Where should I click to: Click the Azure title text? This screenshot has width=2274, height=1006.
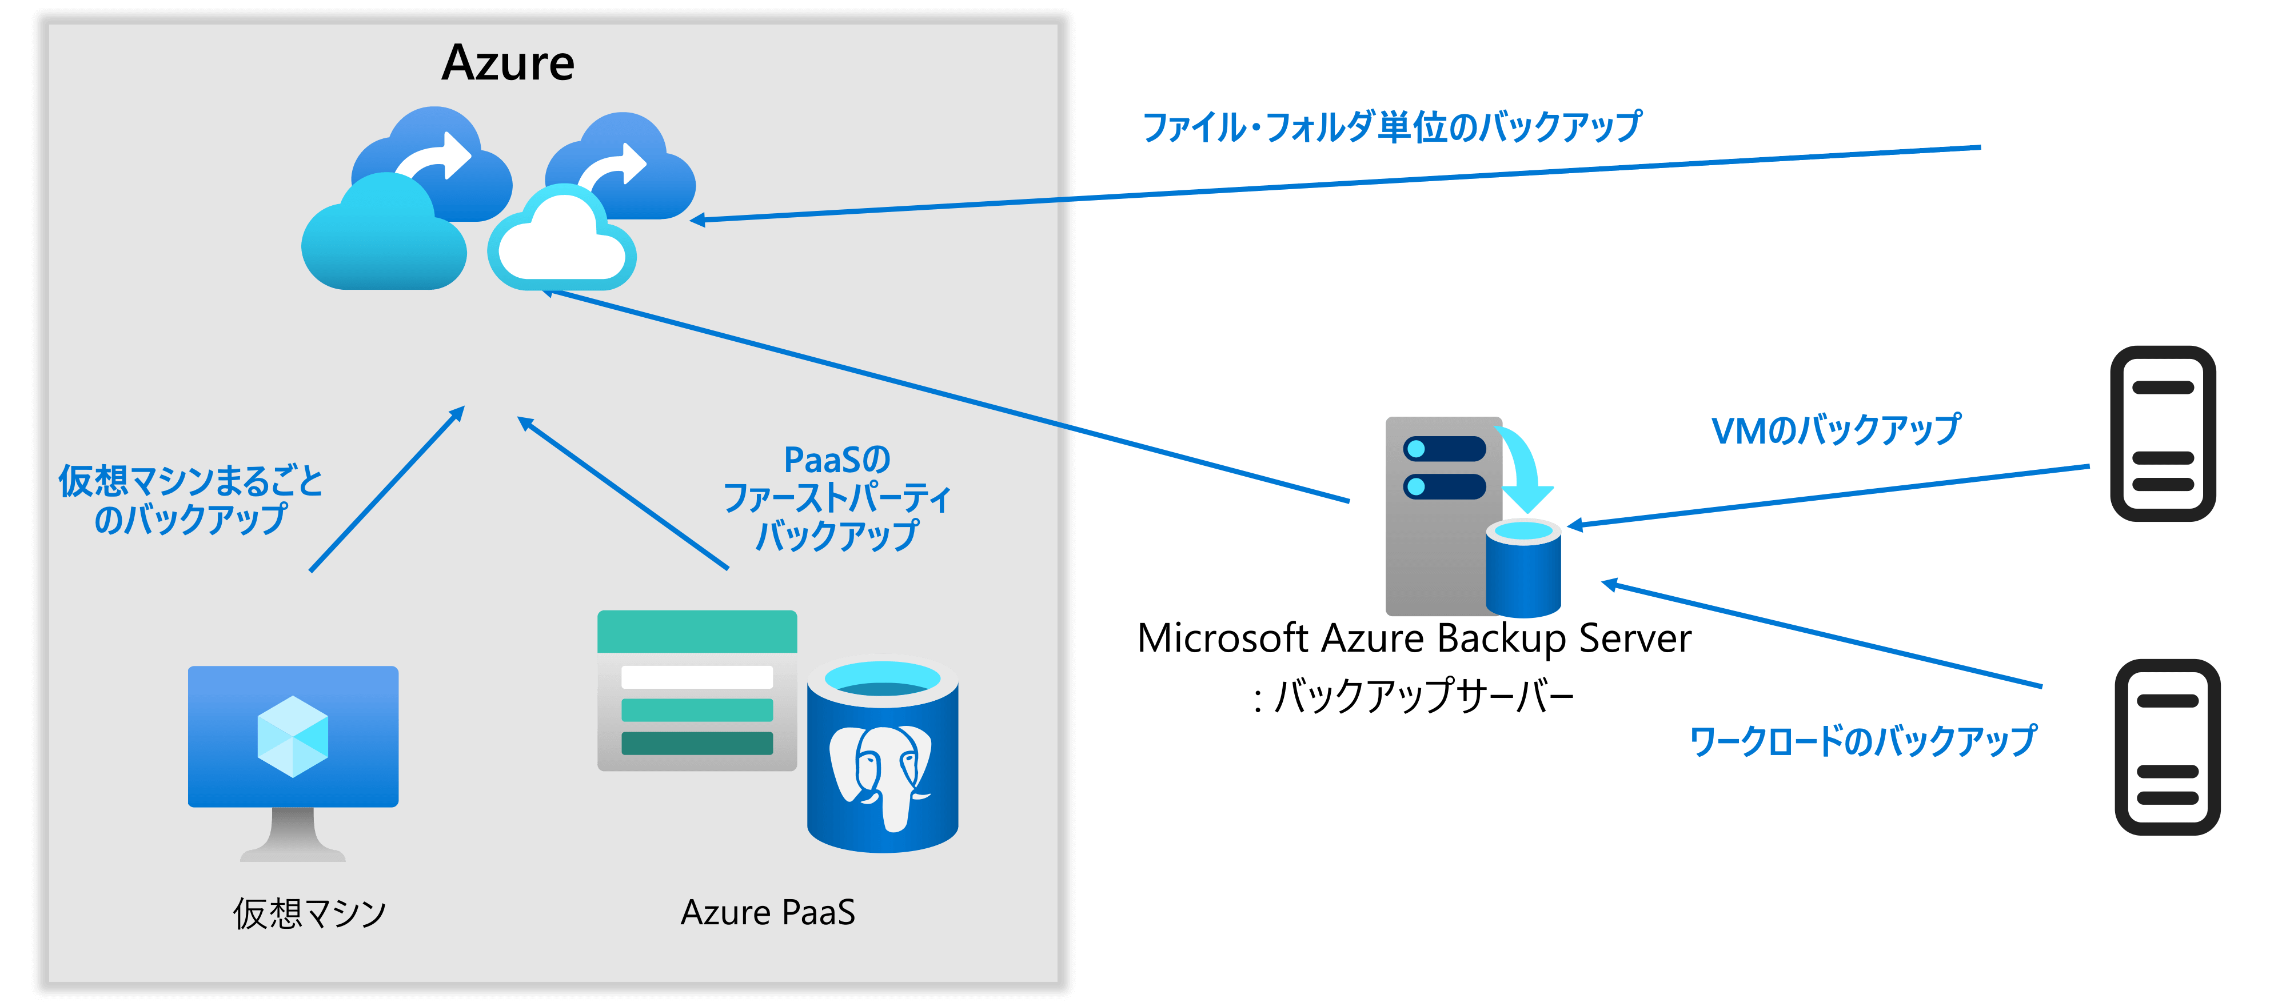tap(508, 63)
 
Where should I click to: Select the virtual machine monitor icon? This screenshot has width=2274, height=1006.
tap(293, 759)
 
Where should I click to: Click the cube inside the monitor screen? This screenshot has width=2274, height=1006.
tap(293, 737)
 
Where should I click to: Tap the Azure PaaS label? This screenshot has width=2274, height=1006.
tap(767, 912)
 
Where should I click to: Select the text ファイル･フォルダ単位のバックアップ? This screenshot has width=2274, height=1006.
tap(1392, 127)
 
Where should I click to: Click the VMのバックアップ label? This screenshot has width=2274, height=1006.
tap(1836, 430)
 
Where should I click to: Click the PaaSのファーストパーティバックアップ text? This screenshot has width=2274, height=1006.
tap(837, 498)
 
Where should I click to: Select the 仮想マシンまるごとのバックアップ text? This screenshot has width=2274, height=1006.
tap(191, 500)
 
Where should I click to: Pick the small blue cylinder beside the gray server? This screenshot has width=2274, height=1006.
tap(1523, 569)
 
